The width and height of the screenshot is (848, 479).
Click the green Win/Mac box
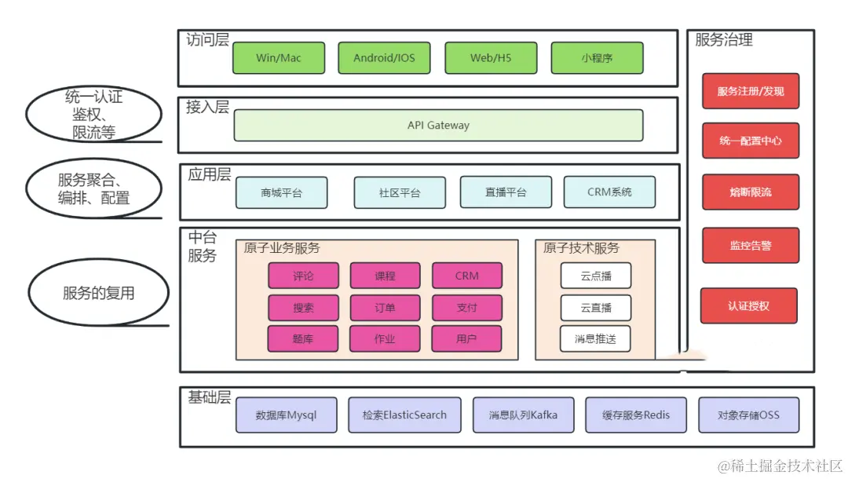(279, 58)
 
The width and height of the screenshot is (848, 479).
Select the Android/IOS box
(385, 58)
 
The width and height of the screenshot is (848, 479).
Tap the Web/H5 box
(492, 58)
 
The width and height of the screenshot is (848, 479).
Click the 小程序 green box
(597, 58)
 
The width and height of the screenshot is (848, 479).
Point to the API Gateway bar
(438, 126)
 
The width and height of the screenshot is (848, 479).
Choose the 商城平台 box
(282, 192)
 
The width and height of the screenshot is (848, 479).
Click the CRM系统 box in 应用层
(609, 192)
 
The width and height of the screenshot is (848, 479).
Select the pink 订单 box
(385, 308)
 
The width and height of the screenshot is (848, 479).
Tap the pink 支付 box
(466, 308)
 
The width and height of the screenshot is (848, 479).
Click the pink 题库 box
(303, 339)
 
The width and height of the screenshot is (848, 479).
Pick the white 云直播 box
(595, 308)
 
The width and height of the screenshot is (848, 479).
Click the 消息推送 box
(595, 339)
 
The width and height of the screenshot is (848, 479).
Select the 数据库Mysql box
(287, 415)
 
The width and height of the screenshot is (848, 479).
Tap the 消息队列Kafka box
(523, 415)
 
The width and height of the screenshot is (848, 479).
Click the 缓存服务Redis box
(636, 415)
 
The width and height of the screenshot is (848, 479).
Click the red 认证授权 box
(748, 306)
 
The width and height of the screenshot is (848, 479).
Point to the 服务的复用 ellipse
(99, 293)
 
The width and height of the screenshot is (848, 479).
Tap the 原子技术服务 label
(581, 248)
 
